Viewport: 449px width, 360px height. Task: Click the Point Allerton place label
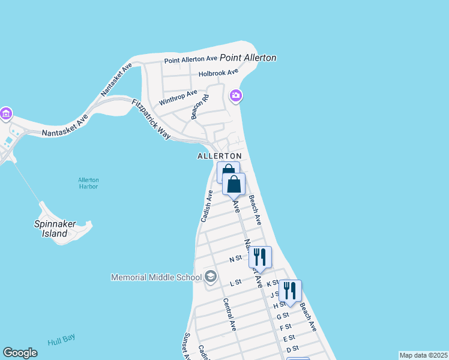(248, 58)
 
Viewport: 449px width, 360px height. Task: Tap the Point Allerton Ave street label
(191, 59)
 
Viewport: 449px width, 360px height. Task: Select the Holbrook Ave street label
(219, 73)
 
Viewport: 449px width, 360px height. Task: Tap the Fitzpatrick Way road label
(151, 119)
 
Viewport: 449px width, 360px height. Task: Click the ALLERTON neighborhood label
(219, 156)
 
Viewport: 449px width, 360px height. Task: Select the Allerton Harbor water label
(88, 183)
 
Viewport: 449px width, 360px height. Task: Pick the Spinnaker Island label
(55, 229)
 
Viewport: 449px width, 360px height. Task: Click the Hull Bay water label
(61, 340)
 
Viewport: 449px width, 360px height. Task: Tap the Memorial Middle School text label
(155, 277)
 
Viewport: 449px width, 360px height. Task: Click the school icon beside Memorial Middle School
(210, 277)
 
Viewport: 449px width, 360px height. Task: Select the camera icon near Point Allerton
(236, 95)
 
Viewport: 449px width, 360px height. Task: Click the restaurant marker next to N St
(260, 257)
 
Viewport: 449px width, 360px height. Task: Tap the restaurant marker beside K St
(290, 290)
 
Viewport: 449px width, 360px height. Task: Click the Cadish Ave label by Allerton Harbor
(207, 206)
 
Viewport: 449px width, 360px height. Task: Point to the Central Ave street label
(229, 314)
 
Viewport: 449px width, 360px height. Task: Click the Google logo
(20, 353)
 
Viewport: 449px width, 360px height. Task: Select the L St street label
(235, 281)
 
